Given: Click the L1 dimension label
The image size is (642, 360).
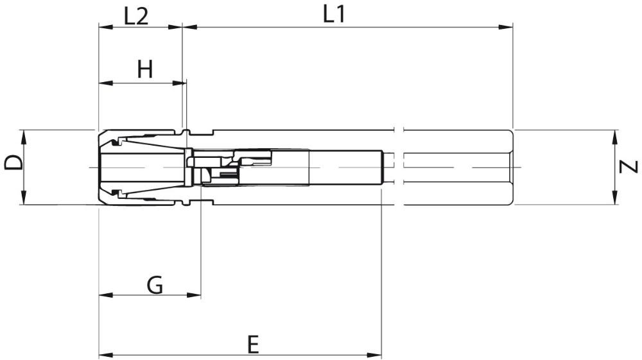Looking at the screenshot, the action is click(334, 14).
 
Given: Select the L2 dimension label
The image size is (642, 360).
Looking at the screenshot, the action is click(136, 17).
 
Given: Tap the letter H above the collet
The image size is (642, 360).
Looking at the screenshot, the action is click(145, 69).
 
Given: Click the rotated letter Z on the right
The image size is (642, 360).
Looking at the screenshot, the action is click(629, 167).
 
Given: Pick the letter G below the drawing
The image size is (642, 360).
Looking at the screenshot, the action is click(155, 285).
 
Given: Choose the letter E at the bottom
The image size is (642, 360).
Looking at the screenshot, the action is click(254, 345).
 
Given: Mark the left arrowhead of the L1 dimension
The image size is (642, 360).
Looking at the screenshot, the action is click(189, 28).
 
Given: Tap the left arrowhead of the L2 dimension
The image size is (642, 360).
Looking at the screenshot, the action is click(106, 28).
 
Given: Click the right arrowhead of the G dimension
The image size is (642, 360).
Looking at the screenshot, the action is click(194, 295).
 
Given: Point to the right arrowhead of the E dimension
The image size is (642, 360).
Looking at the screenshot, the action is click(374, 354).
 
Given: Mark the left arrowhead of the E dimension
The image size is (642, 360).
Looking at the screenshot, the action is click(107, 354).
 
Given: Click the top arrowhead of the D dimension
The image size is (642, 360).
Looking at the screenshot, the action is click(23, 137).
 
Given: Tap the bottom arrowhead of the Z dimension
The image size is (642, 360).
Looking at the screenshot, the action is click(615, 197).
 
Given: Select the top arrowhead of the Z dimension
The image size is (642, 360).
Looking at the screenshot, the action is click(615, 137).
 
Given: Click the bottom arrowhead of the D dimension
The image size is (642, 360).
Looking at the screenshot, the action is click(23, 197).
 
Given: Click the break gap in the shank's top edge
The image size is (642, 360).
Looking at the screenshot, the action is click(399, 130).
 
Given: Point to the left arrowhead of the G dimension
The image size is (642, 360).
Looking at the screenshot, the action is click(107, 295).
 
